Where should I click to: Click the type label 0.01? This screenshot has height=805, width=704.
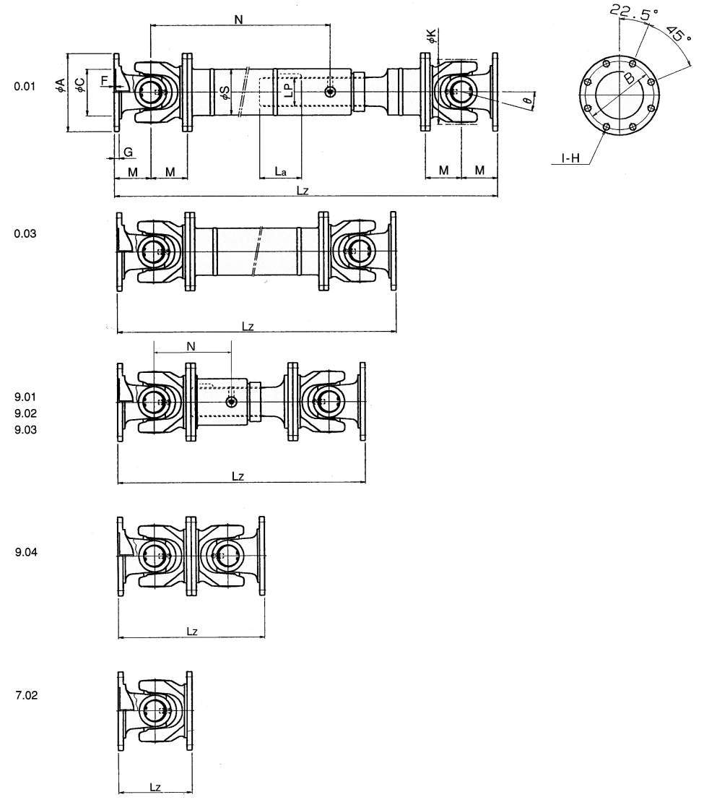pyautogui.click(x=25, y=87)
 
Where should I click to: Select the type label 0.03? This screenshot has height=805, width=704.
pyautogui.click(x=25, y=234)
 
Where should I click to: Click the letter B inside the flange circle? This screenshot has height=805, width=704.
pyautogui.click(x=630, y=78)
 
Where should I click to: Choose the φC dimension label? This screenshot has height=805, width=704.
pyautogui.click(x=79, y=83)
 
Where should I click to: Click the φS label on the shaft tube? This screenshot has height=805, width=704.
pyautogui.click(x=225, y=92)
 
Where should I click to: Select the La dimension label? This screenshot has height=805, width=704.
pyautogui.click(x=280, y=171)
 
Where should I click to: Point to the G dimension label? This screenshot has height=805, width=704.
pyautogui.click(x=128, y=152)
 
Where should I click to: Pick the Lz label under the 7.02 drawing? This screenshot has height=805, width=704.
pyautogui.click(x=155, y=786)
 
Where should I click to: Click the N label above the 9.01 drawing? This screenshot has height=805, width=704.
pyautogui.click(x=191, y=347)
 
